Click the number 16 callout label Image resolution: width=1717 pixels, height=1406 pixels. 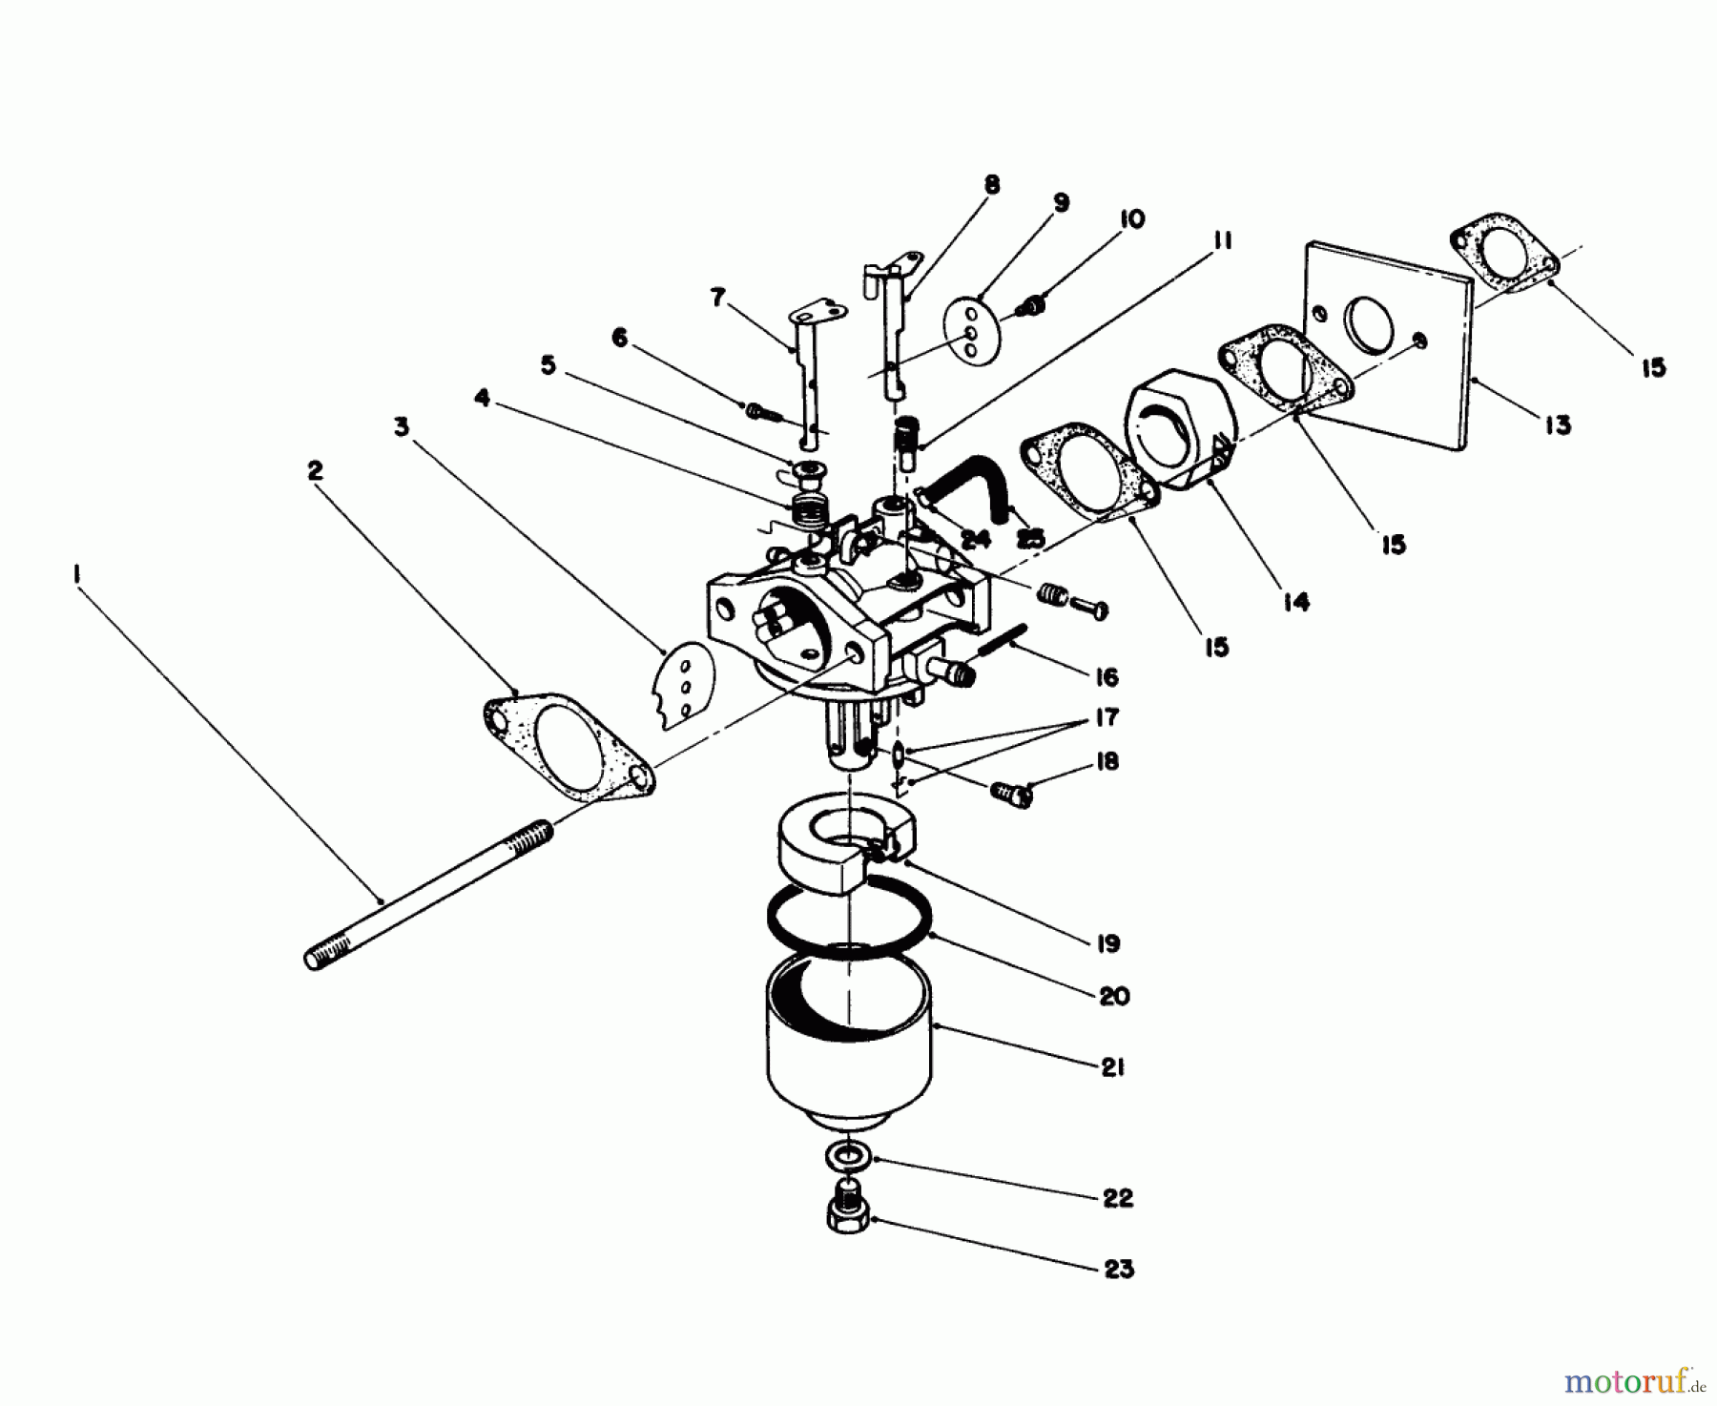coord(1107,678)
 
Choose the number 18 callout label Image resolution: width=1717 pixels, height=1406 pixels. coord(1107,761)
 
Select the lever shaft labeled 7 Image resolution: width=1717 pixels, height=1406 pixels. coord(807,372)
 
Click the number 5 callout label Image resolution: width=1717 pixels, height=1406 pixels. coord(548,365)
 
